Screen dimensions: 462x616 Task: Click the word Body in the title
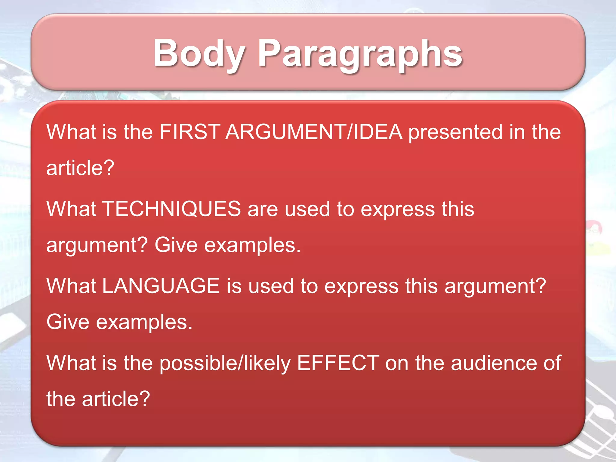click(199, 53)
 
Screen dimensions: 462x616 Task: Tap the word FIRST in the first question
click(190, 132)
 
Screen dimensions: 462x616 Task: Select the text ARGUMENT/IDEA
click(314, 132)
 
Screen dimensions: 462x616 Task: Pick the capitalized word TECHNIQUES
click(172, 209)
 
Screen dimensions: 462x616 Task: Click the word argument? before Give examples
click(97, 245)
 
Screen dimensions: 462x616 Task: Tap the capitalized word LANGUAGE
click(161, 286)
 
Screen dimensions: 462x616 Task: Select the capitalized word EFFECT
click(338, 363)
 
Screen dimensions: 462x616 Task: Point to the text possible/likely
click(225, 363)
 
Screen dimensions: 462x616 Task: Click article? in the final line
click(116, 399)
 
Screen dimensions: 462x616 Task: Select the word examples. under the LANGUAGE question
click(144, 322)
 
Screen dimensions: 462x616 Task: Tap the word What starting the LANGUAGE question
click(71, 286)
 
